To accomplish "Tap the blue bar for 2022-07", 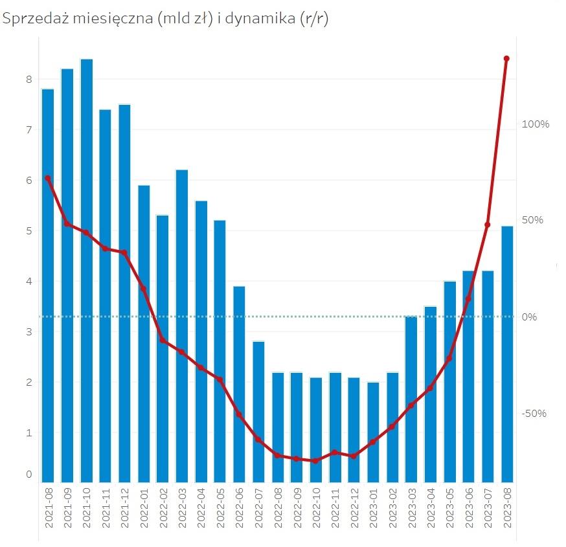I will coord(258,412).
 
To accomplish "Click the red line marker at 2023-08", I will coord(506,59).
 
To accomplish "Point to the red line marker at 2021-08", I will coord(47,178).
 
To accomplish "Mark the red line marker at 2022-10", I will coord(315,461).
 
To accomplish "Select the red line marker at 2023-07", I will coord(488,225).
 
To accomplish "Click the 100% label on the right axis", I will coord(536,124).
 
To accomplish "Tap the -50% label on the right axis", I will coord(535,414).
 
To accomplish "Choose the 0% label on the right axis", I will coord(530,317).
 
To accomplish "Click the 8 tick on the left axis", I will coord(28,80).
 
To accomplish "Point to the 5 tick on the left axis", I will coord(28,231).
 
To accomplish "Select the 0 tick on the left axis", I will coord(28,474).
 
